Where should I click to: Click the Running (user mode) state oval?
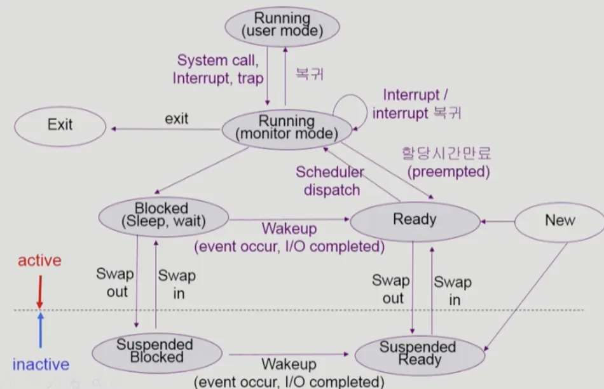click(x=282, y=27)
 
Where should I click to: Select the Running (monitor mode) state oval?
click(x=287, y=130)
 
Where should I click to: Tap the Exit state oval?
click(x=60, y=126)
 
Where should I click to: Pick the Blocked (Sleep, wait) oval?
click(x=163, y=217)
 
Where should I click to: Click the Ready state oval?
click(x=415, y=221)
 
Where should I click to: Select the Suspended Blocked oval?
click(x=157, y=353)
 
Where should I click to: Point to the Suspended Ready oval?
click(x=420, y=355)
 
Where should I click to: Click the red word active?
click(x=39, y=261)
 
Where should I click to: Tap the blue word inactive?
click(x=41, y=364)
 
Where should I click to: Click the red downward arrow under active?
click(x=39, y=292)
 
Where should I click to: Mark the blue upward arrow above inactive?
click(x=41, y=330)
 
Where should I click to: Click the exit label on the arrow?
click(x=176, y=119)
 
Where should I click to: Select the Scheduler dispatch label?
click(x=330, y=181)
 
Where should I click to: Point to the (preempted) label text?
click(x=448, y=172)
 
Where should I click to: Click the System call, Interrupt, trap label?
click(x=218, y=69)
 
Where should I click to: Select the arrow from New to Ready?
click(x=498, y=221)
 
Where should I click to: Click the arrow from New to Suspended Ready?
click(x=526, y=297)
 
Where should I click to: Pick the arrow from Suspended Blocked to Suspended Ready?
click(x=289, y=354)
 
